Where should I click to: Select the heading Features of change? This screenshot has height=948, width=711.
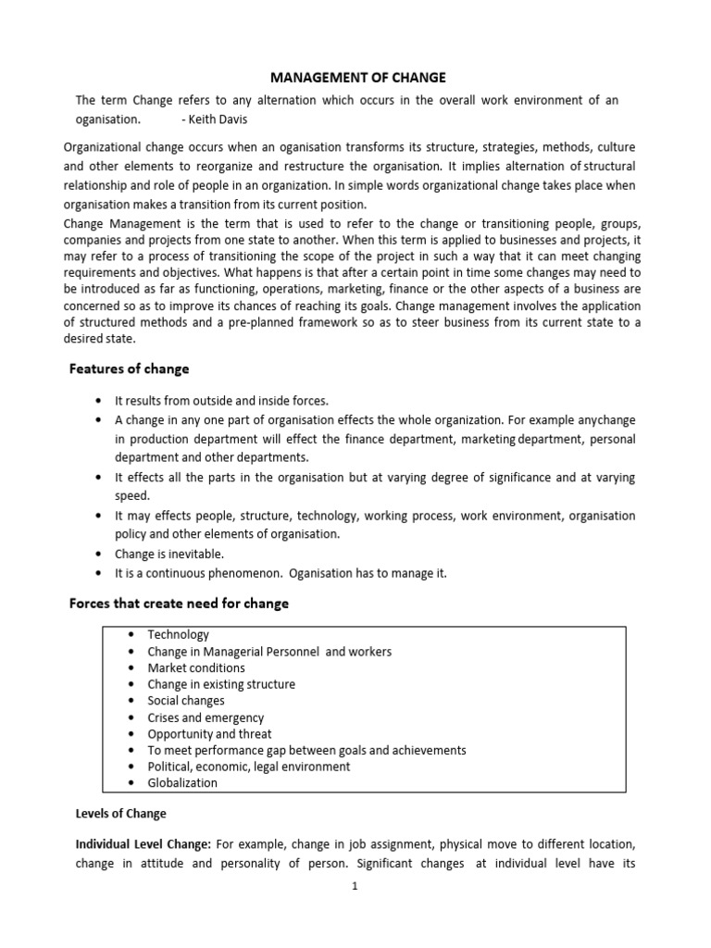point(130,368)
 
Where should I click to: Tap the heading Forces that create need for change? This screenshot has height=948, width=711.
point(180,603)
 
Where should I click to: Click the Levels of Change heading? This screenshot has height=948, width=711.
point(121,814)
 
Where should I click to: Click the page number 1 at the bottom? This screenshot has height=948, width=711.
point(355,886)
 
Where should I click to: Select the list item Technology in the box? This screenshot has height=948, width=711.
point(178,635)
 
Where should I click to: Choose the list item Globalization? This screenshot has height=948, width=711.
point(182,782)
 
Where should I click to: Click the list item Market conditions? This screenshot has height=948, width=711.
point(196,667)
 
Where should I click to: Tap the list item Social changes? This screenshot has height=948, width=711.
point(186,701)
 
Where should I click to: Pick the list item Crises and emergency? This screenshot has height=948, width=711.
point(206,717)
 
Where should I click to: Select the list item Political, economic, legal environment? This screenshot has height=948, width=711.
point(248,767)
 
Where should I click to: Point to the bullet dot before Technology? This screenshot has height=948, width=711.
point(128,635)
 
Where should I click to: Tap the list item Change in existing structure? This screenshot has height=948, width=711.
point(221,684)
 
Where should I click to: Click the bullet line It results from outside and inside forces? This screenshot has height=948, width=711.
point(221,400)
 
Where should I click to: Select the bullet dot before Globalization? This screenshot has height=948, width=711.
point(128,782)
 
